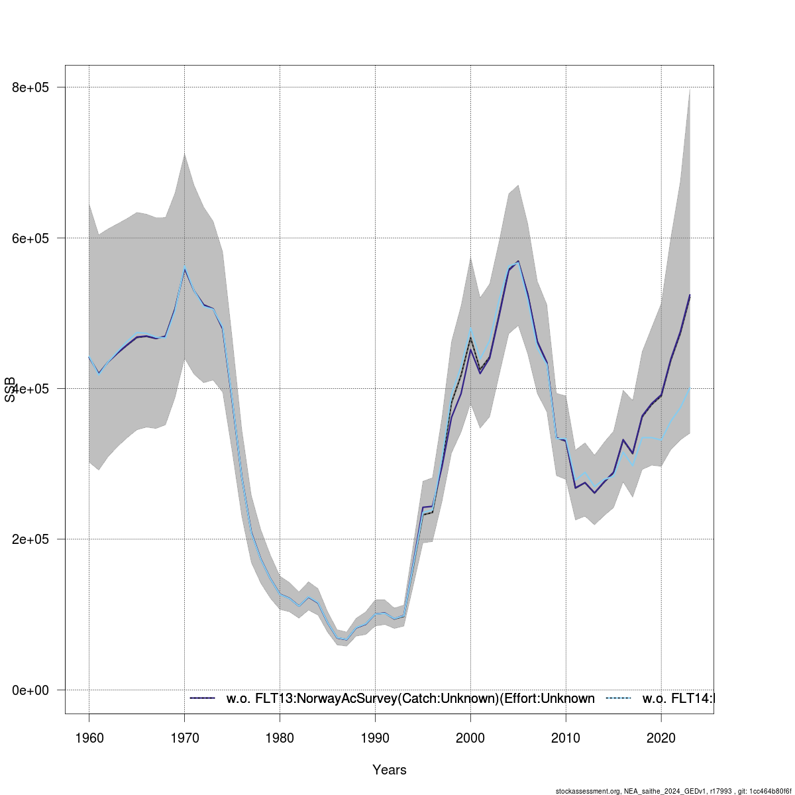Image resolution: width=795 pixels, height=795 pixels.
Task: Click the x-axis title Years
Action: coord(390,770)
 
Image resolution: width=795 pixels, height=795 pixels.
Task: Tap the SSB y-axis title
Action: coord(10,390)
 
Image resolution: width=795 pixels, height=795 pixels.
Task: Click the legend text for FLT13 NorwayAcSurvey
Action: coord(410,698)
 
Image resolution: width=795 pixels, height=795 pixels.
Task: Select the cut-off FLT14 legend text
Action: coord(679,698)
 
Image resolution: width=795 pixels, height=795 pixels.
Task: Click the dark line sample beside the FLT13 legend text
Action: coord(203,698)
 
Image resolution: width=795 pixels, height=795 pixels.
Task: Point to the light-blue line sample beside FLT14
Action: coord(619,698)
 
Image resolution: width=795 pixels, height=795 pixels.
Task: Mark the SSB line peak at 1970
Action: coord(184,268)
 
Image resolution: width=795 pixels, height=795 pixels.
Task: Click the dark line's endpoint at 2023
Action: coord(690,295)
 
